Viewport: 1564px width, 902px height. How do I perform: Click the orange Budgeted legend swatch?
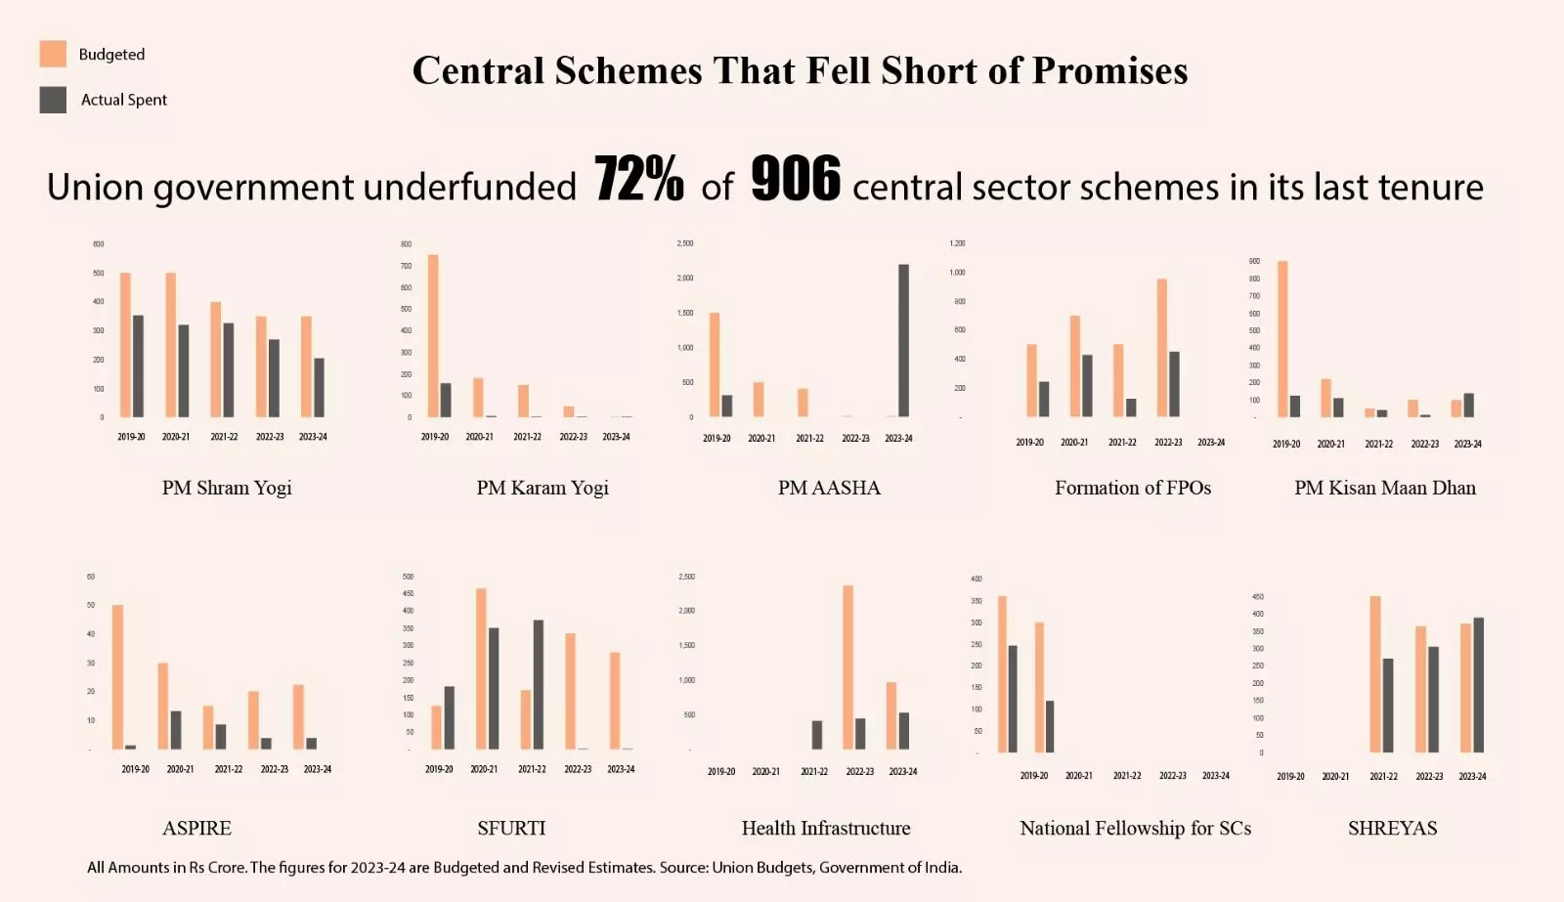[53, 54]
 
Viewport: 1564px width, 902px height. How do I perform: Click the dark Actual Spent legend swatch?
[53, 100]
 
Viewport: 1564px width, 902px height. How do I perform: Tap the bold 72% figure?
[638, 180]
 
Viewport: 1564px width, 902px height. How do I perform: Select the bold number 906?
[795, 180]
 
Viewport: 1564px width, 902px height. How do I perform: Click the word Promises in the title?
[1109, 70]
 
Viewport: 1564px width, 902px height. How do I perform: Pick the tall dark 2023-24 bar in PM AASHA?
[903, 341]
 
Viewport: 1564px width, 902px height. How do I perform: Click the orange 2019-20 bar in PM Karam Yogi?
[433, 336]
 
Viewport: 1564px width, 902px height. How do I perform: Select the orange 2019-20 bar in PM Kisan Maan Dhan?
[1282, 339]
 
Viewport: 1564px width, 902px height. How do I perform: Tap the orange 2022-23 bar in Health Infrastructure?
[847, 667]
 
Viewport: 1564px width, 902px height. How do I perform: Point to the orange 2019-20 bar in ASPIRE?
[117, 677]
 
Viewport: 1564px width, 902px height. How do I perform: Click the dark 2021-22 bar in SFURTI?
[539, 684]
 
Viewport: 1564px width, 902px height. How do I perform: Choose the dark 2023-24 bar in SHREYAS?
[1478, 684]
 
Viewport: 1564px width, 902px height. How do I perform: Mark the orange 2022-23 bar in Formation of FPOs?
[1162, 348]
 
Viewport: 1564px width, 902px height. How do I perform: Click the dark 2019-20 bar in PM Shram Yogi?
[138, 366]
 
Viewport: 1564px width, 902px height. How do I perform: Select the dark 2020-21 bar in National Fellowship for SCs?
[1050, 726]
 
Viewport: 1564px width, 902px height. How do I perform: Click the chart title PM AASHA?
[829, 488]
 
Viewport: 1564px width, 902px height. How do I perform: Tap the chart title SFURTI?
[511, 828]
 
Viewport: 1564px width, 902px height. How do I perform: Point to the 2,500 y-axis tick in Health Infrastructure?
[686, 577]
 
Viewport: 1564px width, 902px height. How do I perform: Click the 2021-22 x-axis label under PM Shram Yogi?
[224, 437]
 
